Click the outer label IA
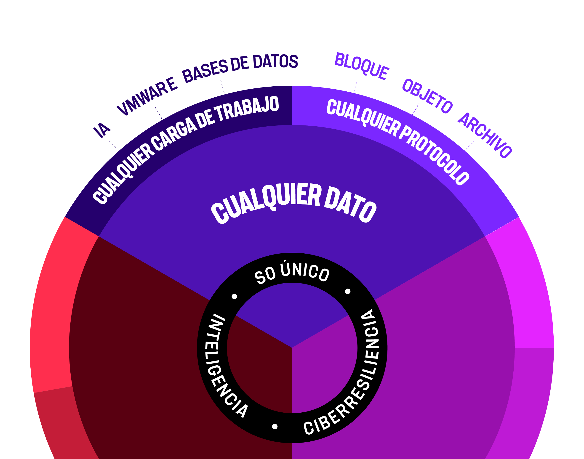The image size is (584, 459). click(x=102, y=130)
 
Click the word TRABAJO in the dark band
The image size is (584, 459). click(x=248, y=109)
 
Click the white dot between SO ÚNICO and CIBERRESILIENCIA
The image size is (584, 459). click(x=348, y=291)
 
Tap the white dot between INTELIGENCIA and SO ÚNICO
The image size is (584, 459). click(x=235, y=296)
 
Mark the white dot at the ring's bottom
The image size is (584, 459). click(x=275, y=427)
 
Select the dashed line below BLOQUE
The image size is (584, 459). click(x=355, y=86)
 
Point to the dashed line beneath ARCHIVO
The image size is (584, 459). click(x=470, y=145)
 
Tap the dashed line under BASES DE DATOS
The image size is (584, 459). click(x=222, y=86)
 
